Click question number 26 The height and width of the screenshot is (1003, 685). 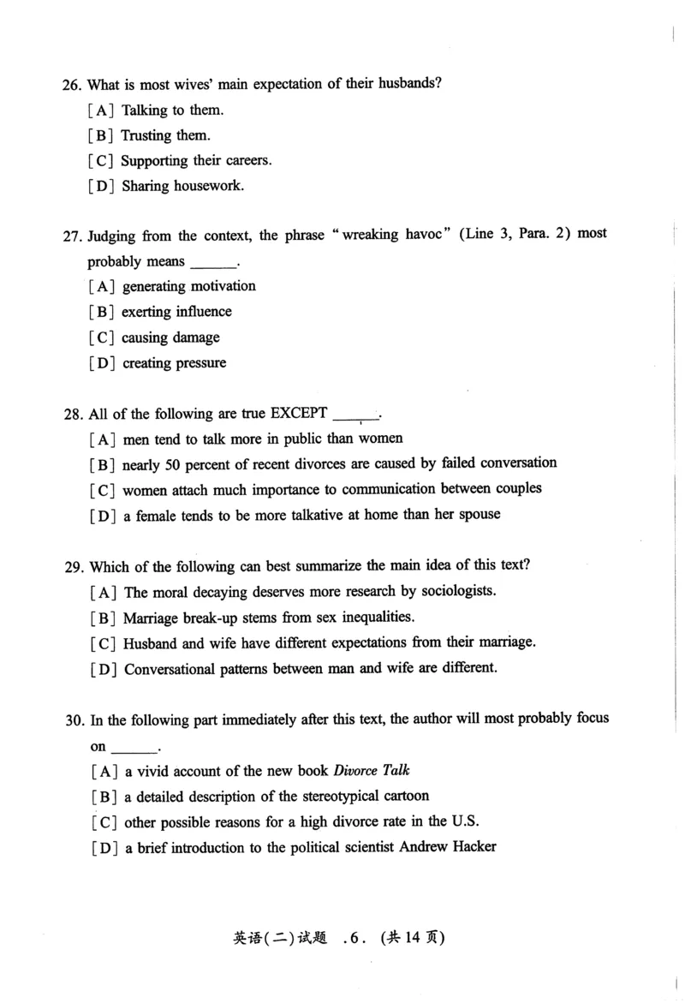[x=71, y=84]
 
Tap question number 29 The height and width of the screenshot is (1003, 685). [x=73, y=566]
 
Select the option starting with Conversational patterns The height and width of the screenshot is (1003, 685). [x=309, y=668]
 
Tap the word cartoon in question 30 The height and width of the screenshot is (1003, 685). [x=402, y=796]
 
